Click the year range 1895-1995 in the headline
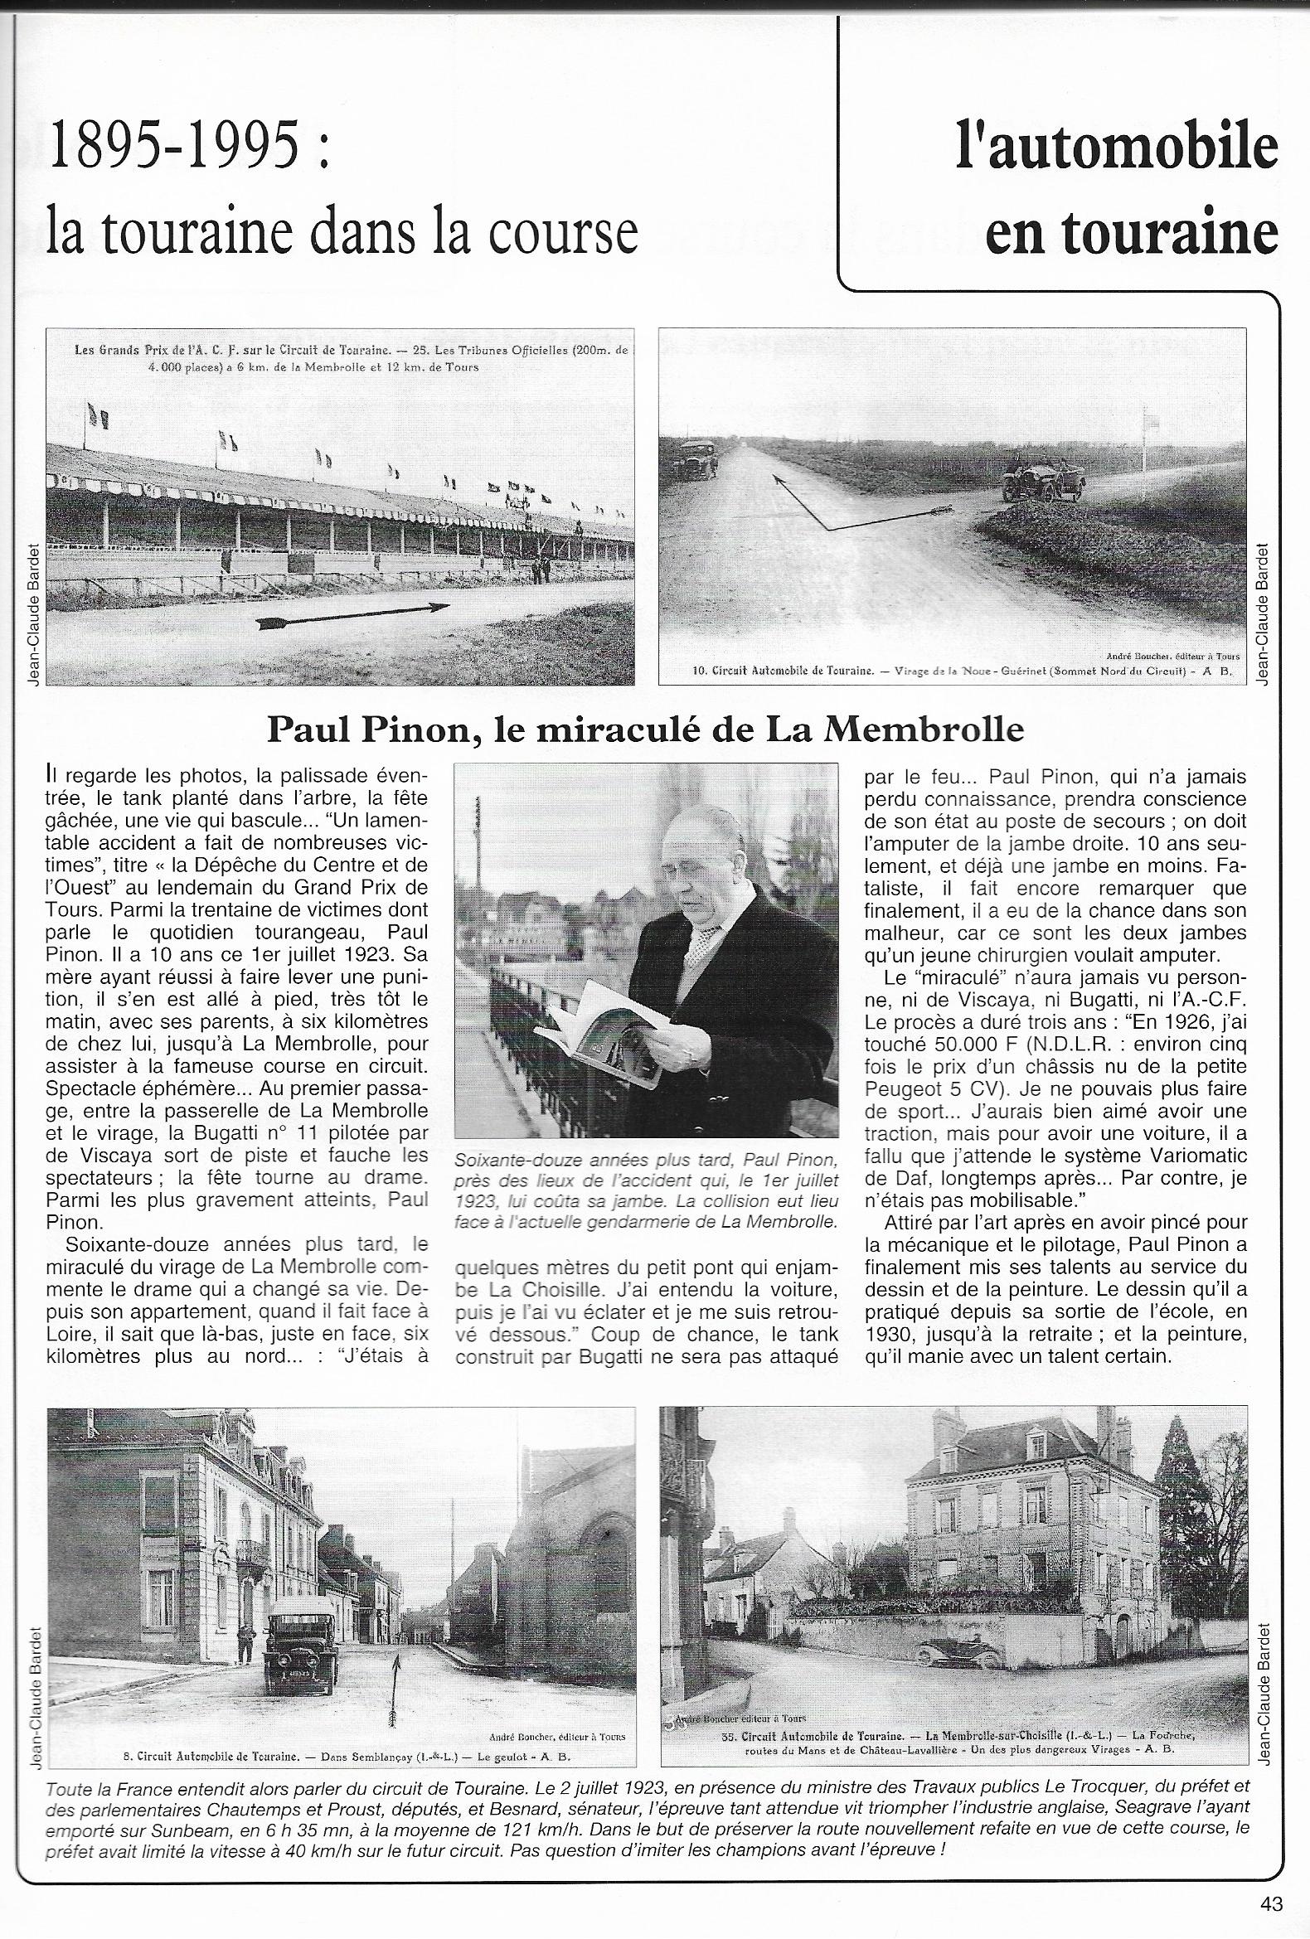pos(173,145)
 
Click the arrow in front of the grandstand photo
pos(352,614)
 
